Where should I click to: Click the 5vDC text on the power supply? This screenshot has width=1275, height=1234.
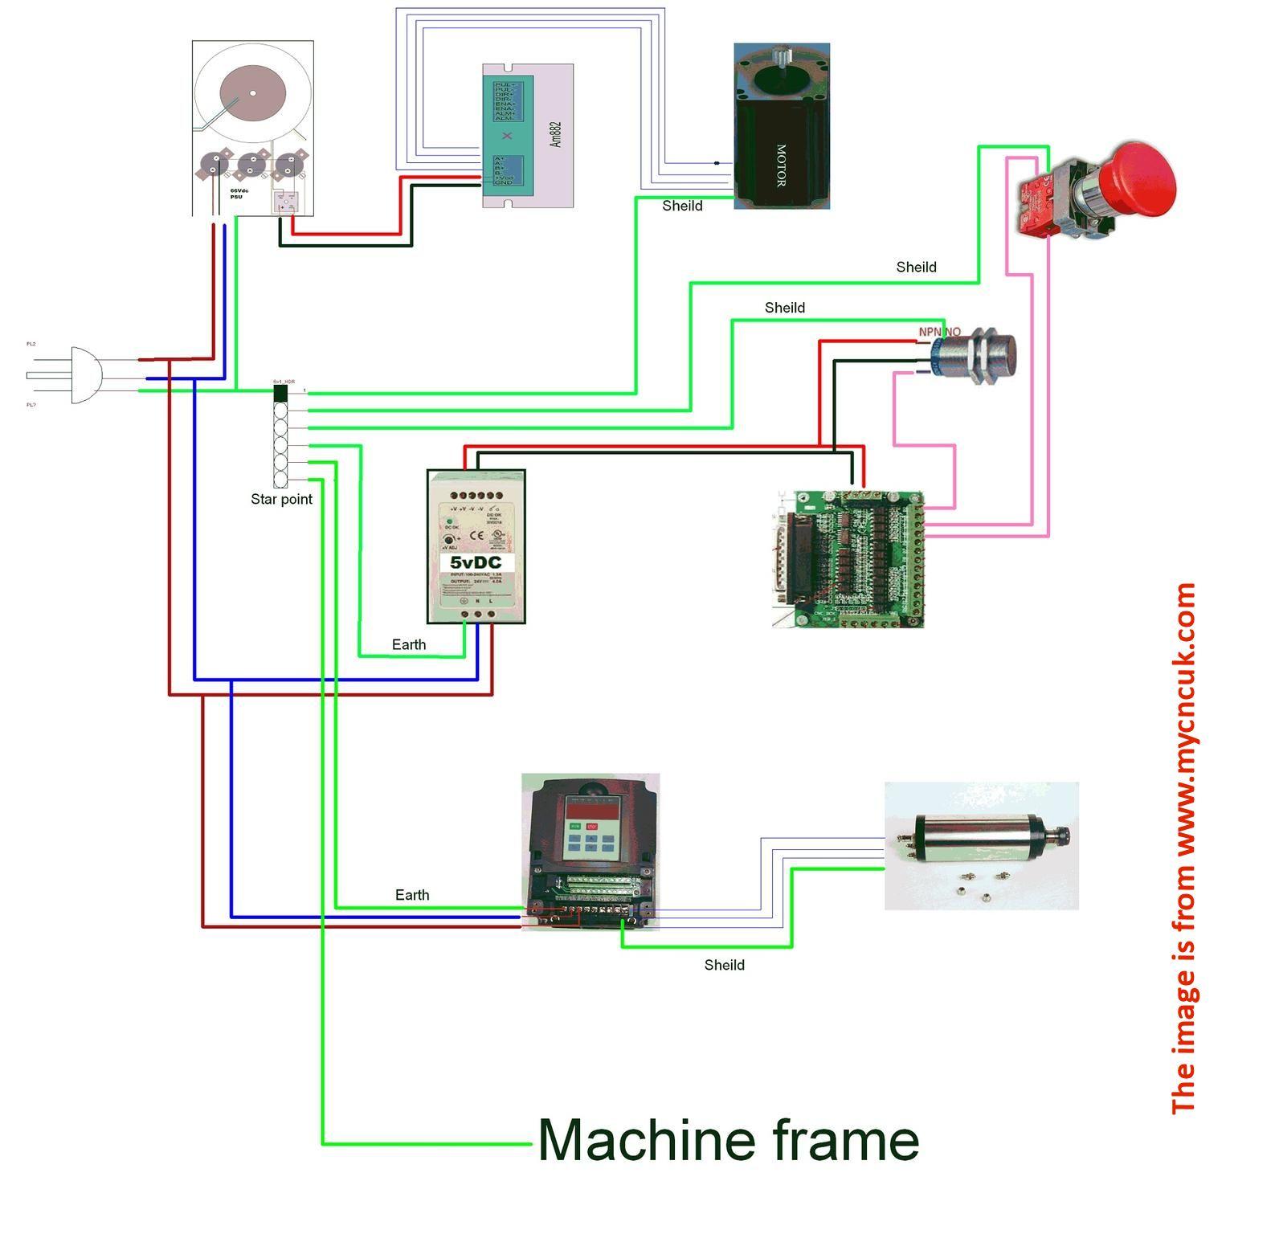[476, 562]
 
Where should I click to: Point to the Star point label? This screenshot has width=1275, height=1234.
[281, 499]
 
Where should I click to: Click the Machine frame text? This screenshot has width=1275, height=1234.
[728, 1140]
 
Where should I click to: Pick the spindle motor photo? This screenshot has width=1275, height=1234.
[981, 845]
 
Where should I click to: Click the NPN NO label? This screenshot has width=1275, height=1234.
[939, 332]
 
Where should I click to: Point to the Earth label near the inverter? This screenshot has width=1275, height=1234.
[412, 895]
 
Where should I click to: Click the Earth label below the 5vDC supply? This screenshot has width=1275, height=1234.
[409, 644]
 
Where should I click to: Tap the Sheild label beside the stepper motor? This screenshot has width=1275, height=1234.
[682, 206]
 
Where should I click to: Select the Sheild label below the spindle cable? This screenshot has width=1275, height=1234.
[724, 965]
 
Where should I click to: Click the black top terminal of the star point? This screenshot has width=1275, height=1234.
[280, 393]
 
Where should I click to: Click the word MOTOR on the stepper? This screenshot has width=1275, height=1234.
[780, 165]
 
